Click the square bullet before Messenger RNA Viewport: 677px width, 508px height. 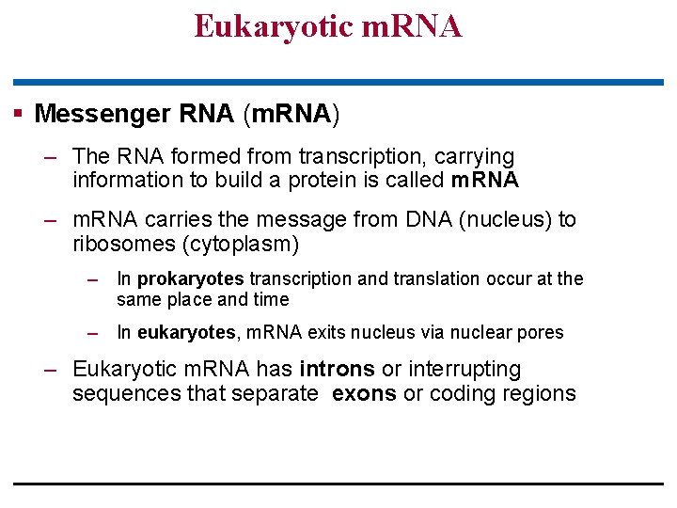(x=17, y=114)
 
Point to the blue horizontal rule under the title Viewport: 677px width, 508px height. (x=338, y=83)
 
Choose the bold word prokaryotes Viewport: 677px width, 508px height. (x=191, y=279)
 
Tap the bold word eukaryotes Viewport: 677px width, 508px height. (x=186, y=332)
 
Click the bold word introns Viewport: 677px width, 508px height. (x=337, y=370)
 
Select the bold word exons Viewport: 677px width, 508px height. (x=364, y=394)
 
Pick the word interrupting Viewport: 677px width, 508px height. (x=462, y=370)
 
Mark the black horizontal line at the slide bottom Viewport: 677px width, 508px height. (x=338, y=484)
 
